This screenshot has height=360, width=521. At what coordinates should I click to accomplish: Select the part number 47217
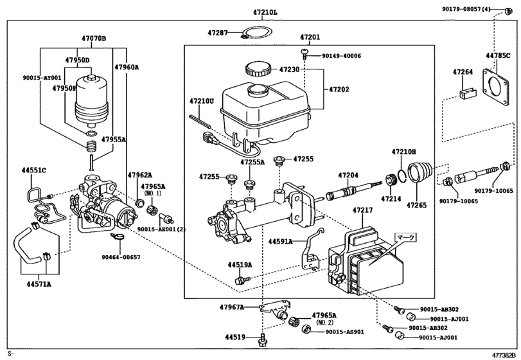(x=362, y=210)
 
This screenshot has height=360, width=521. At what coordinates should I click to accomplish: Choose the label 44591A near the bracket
(x=281, y=242)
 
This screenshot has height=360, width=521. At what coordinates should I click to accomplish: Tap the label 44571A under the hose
(x=39, y=283)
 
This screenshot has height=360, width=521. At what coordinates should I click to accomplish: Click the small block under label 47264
(x=465, y=94)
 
